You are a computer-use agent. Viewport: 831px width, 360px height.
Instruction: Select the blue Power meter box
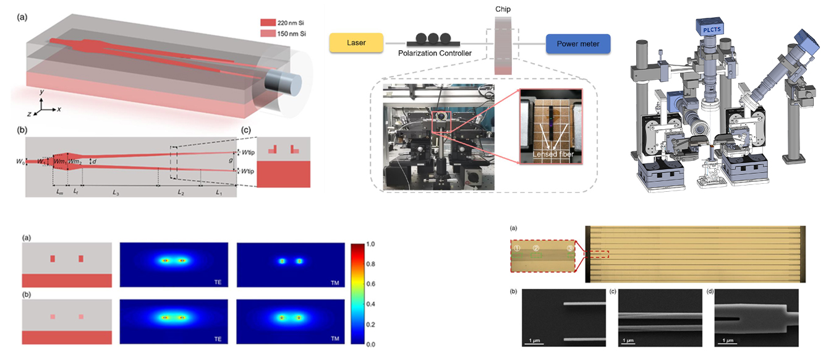point(577,43)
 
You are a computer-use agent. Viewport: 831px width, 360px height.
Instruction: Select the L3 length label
point(116,193)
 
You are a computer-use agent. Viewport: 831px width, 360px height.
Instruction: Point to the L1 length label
point(218,193)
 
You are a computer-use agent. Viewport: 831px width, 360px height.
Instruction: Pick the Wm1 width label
point(59,161)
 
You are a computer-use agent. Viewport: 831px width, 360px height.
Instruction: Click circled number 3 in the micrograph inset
point(570,249)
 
